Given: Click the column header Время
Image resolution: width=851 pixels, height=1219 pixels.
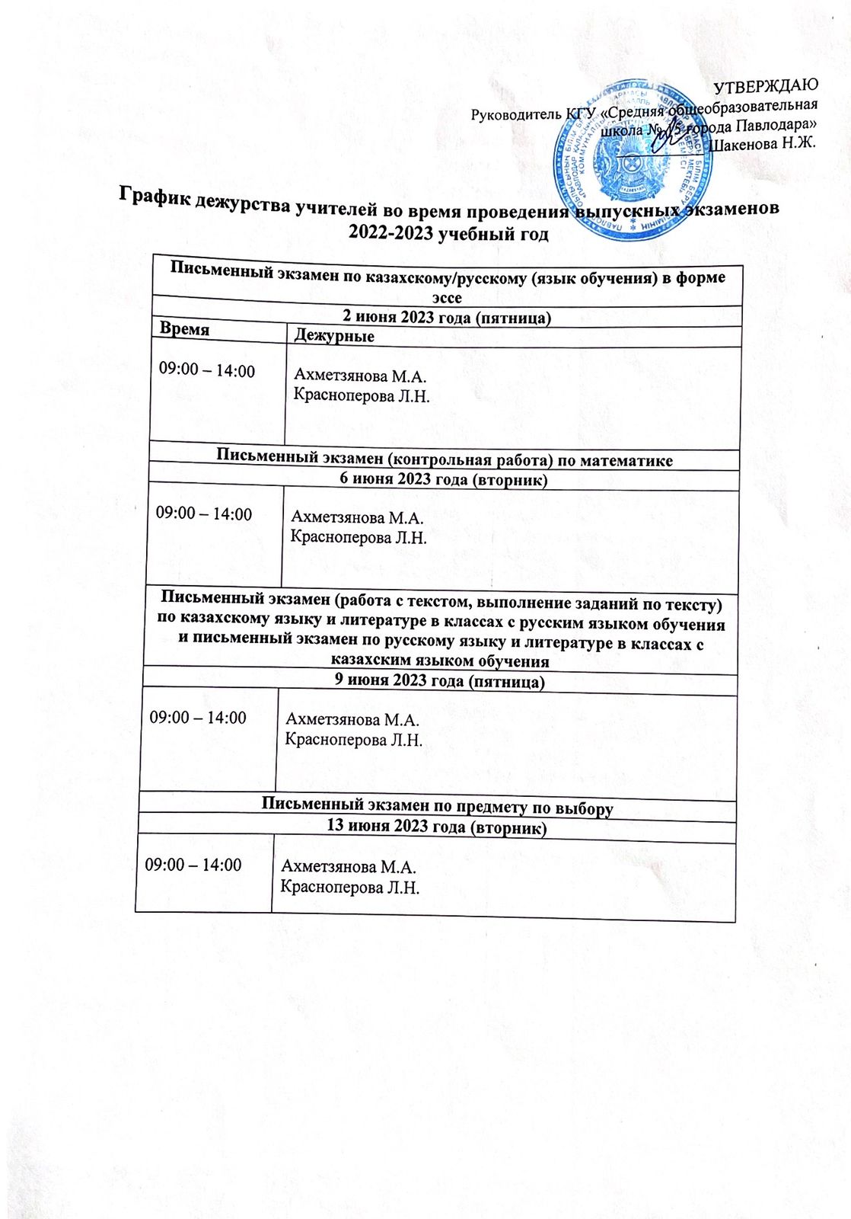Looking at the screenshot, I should pyautogui.click(x=185, y=328).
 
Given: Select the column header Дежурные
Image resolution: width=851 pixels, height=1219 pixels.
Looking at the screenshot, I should pyautogui.click(x=334, y=335).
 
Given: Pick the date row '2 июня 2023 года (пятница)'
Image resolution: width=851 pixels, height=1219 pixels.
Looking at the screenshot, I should pyautogui.click(x=447, y=317).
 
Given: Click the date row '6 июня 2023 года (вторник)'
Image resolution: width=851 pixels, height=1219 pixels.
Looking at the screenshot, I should pyautogui.click(x=444, y=479).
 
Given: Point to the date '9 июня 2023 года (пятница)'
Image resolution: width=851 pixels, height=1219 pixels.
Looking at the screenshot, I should pyautogui.click(x=440, y=680).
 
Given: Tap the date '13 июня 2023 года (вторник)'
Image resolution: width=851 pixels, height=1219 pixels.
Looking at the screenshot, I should pyautogui.click(x=437, y=827).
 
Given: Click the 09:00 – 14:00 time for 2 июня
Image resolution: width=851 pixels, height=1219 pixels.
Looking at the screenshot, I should pyautogui.click(x=207, y=371).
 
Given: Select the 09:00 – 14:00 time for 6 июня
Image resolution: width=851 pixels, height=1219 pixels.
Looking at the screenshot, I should pyautogui.click(x=204, y=514).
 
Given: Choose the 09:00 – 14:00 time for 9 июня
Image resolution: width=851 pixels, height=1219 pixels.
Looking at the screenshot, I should pyautogui.click(x=198, y=718).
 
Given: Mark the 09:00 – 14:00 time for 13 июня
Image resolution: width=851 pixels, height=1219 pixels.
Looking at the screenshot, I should pyautogui.click(x=193, y=865).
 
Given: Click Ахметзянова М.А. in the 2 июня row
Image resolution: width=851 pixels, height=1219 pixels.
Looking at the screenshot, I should pyautogui.click(x=360, y=376).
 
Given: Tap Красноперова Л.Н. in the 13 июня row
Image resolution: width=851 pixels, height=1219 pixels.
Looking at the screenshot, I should pyautogui.click(x=350, y=888).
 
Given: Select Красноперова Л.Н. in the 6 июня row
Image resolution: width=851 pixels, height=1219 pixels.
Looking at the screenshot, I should pyautogui.click(x=359, y=537).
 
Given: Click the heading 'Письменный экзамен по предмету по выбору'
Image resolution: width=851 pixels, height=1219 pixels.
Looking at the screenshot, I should pyautogui.click(x=438, y=806).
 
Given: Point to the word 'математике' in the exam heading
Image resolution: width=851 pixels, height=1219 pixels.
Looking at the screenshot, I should pyautogui.click(x=631, y=460).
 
